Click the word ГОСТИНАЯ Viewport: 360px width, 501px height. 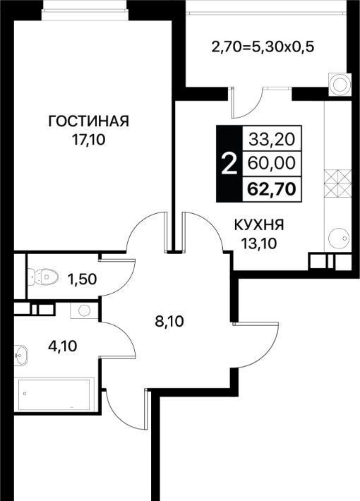tap(88, 121)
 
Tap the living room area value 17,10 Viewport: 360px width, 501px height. tap(88, 140)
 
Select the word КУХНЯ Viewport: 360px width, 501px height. tap(259, 226)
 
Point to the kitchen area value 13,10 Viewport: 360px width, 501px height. tap(259, 243)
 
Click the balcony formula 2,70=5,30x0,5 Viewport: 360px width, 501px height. tap(263, 47)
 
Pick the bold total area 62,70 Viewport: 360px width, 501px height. tap(272, 189)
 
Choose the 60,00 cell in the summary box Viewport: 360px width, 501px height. tap(272, 164)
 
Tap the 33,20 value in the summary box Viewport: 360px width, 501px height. tap(272, 140)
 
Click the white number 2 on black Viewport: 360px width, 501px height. tap(229, 164)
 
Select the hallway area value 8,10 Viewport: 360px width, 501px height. tap(169, 321)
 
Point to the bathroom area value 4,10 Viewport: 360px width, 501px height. tap(63, 346)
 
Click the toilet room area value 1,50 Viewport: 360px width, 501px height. tap(82, 279)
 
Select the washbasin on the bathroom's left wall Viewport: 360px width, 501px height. tap(21, 355)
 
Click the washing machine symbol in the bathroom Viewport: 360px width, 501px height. tap(84, 310)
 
